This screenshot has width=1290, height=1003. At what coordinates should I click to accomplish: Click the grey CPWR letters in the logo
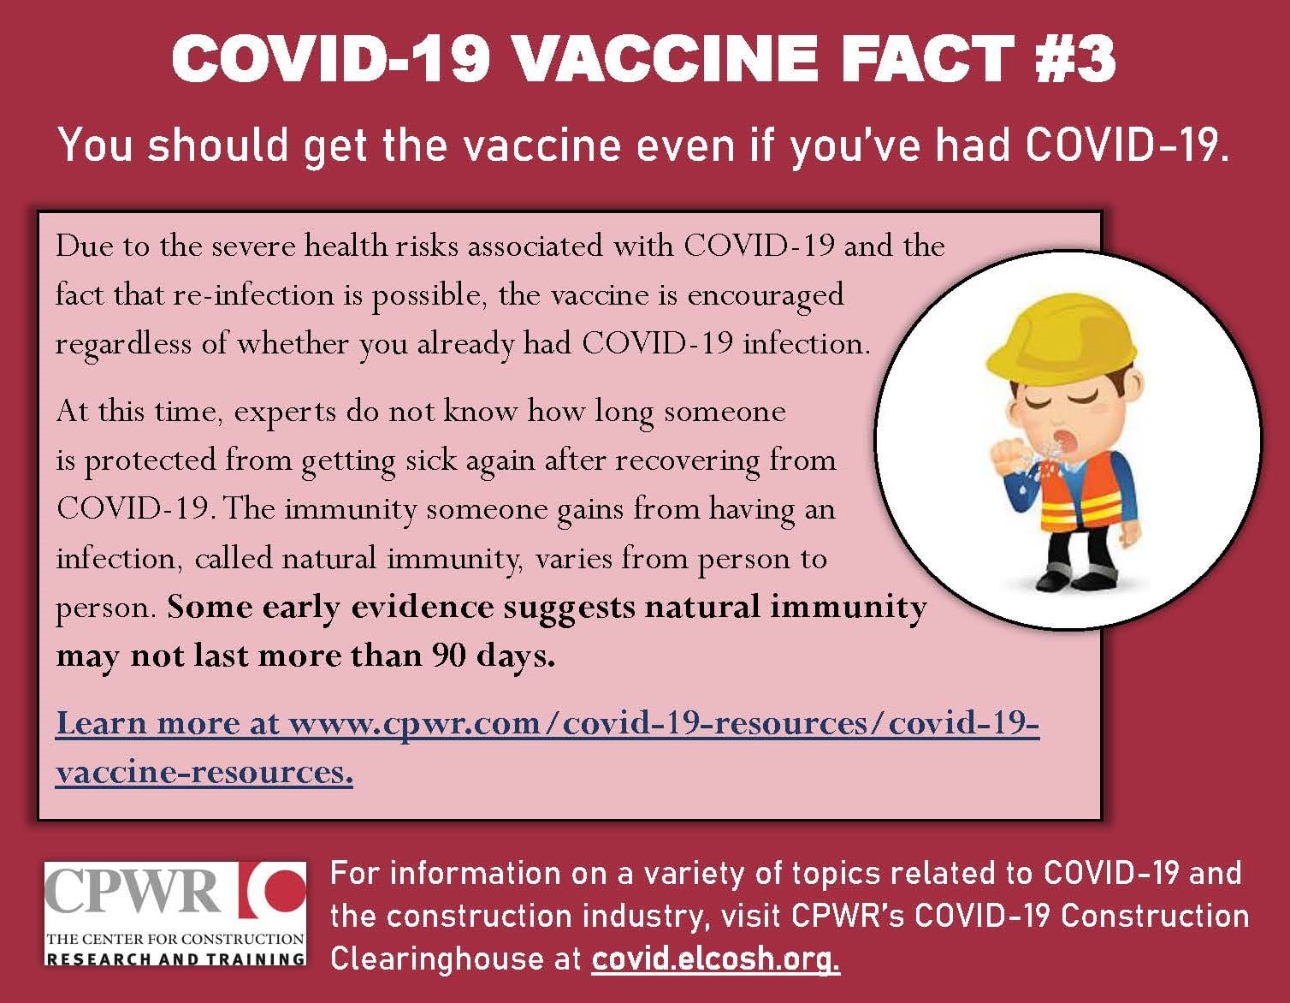(x=132, y=892)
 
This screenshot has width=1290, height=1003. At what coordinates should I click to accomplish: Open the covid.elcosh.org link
(x=715, y=958)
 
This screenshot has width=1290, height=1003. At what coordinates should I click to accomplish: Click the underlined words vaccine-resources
(x=204, y=772)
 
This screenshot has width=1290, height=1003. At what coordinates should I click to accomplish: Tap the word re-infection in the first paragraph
(x=253, y=294)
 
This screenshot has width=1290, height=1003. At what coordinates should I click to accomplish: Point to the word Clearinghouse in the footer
(x=437, y=959)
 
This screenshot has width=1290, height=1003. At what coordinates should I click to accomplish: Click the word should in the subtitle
(x=218, y=145)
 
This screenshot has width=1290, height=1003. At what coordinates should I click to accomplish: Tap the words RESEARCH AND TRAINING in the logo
(x=175, y=959)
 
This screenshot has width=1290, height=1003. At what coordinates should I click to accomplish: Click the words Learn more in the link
(x=147, y=723)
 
